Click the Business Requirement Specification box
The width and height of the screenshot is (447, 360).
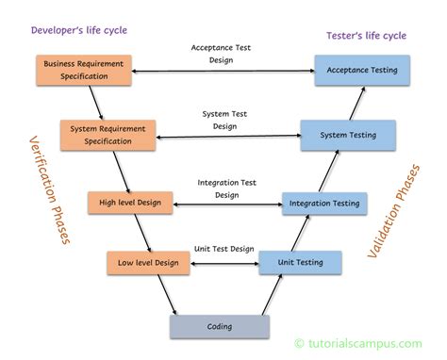pyautogui.click(x=84, y=70)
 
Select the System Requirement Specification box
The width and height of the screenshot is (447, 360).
pyautogui.click(x=108, y=135)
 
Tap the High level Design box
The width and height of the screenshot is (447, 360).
pyautogui.click(x=130, y=201)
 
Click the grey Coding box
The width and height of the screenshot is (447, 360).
pyautogui.click(x=220, y=326)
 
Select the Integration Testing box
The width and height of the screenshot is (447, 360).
pyautogui.click(x=323, y=202)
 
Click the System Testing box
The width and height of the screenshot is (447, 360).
pyautogui.click(x=346, y=135)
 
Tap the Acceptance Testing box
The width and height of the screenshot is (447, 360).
pyautogui.click(x=361, y=70)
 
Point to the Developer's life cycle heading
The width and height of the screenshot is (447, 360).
pyautogui.click(x=78, y=29)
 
